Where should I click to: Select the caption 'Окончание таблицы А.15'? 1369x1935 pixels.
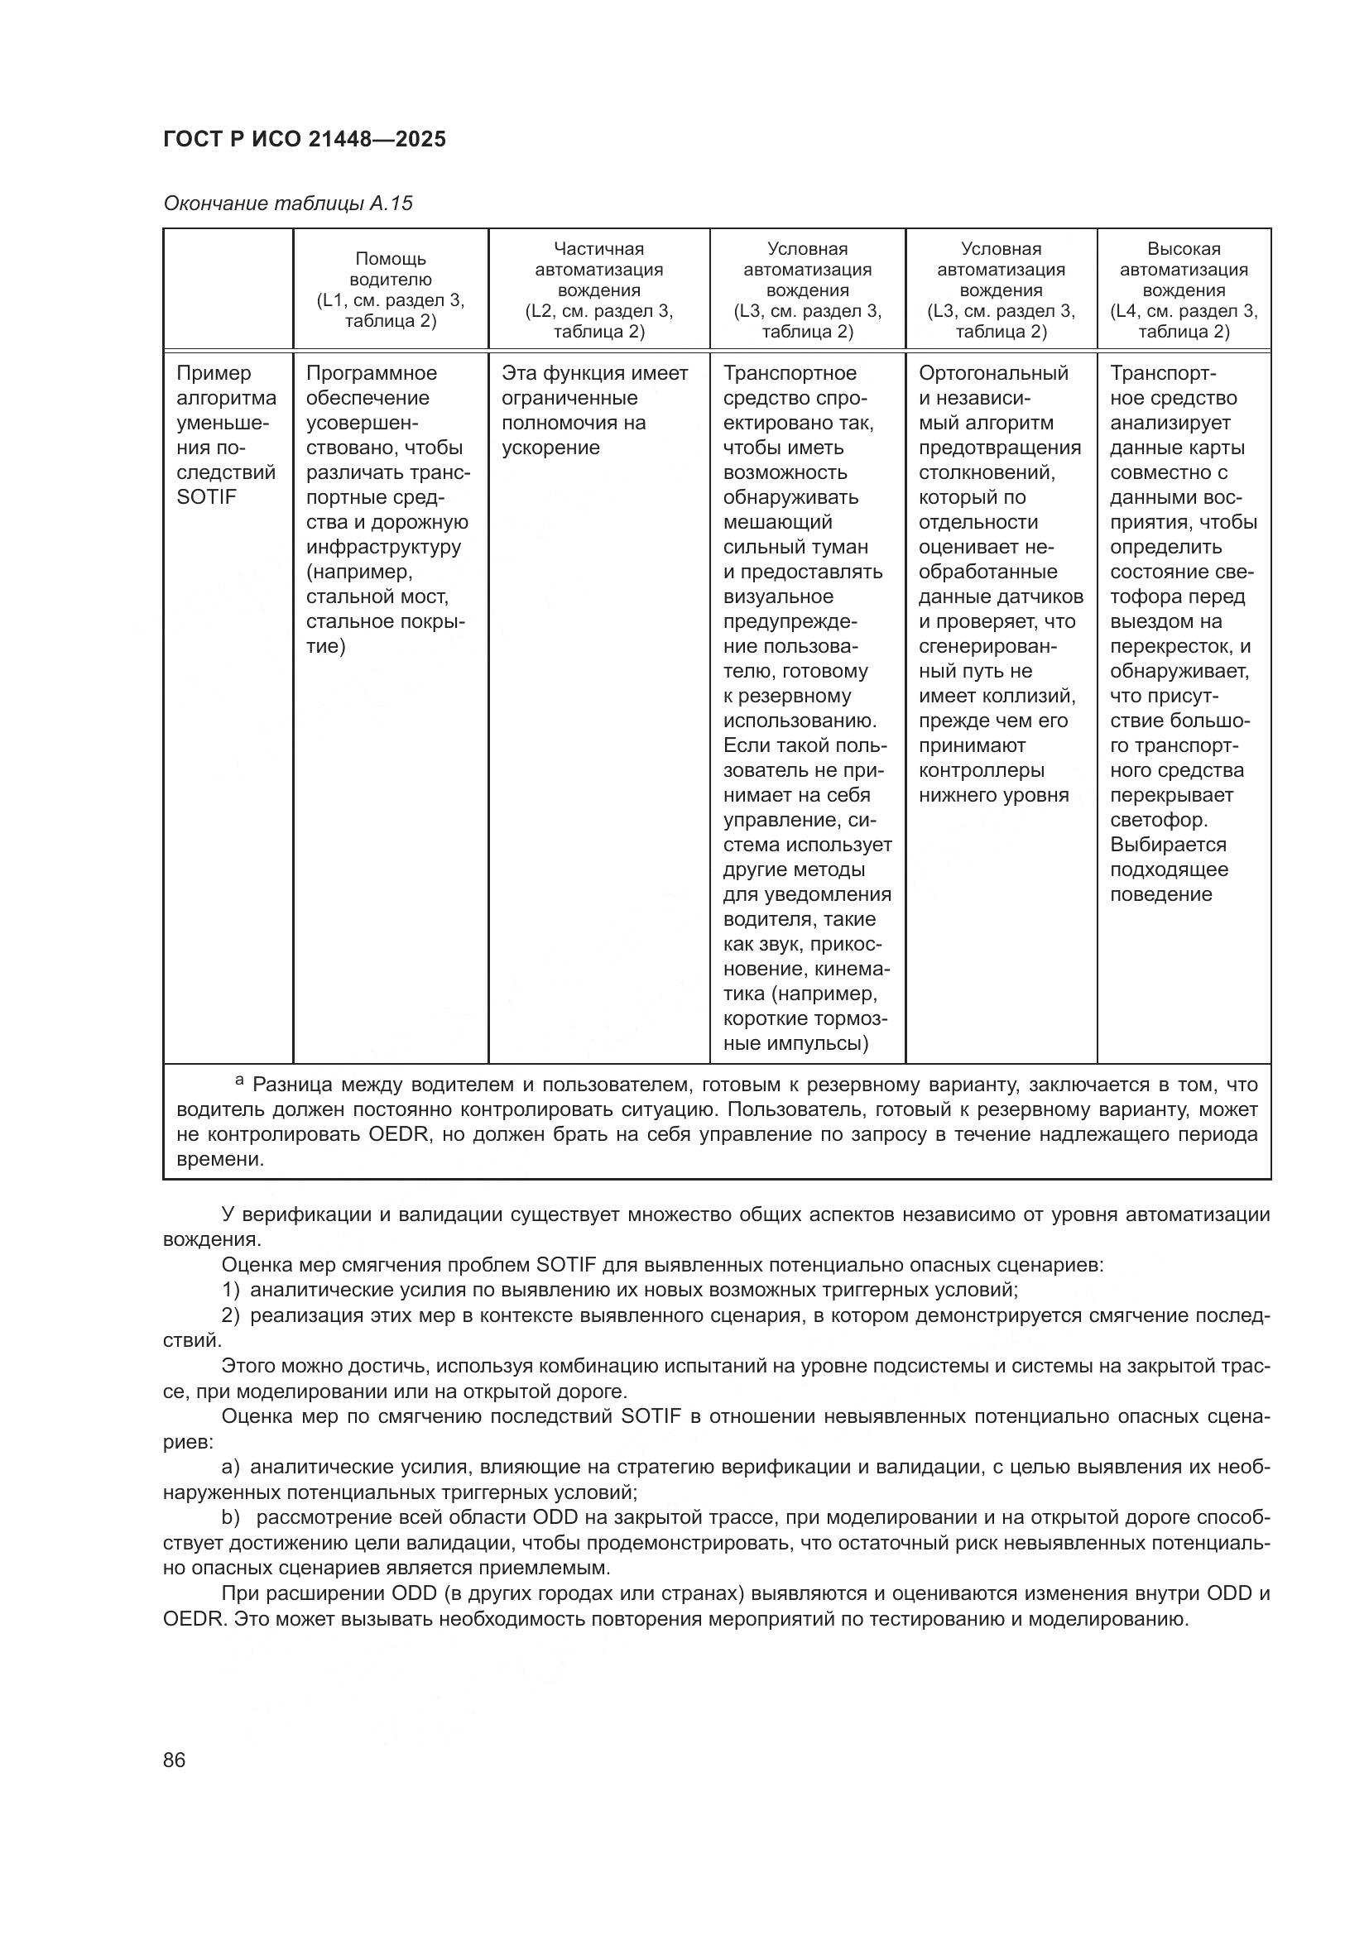[287, 204]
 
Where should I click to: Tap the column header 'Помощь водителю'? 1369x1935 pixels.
[391, 269]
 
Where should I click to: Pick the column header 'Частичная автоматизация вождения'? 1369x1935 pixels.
[598, 270]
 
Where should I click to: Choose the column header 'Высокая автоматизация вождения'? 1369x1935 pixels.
[1183, 270]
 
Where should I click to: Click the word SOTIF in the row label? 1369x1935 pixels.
[206, 497]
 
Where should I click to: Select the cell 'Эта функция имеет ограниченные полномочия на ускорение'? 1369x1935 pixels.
[594, 410]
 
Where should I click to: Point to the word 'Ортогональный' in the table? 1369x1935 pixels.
[993, 373]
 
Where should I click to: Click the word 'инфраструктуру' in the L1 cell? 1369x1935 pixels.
[383, 547]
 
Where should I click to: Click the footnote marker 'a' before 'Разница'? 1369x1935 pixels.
[239, 1080]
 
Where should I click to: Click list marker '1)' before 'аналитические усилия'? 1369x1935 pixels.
[230, 1290]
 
